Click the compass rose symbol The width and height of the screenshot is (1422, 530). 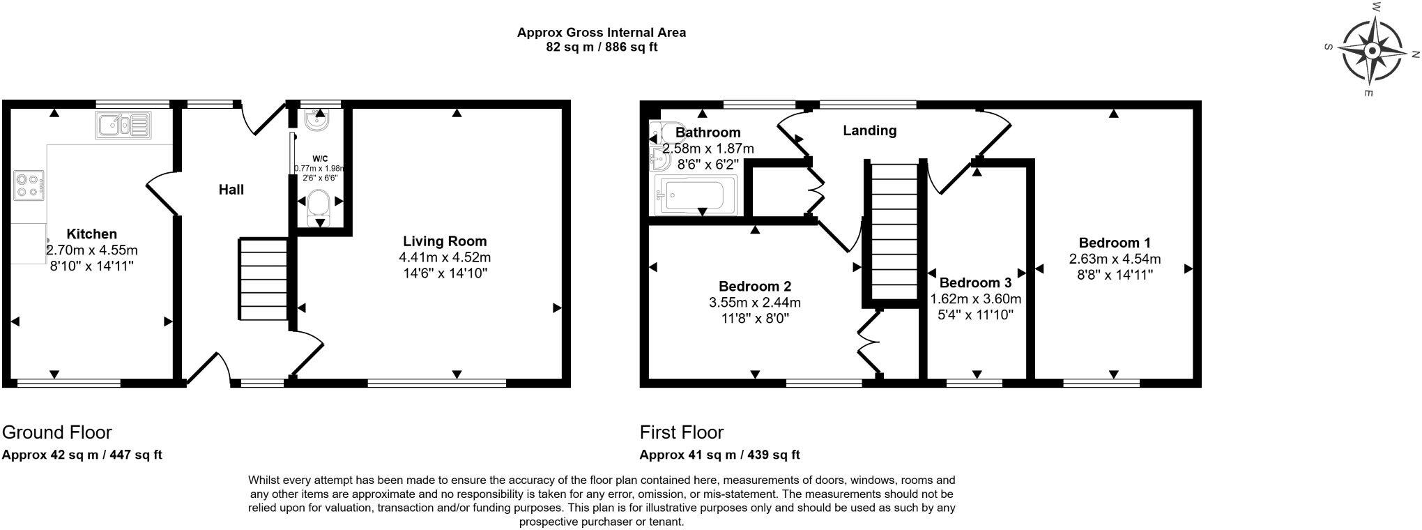tap(1372, 52)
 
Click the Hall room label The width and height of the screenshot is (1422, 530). tap(231, 190)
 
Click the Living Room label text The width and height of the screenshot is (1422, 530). tap(445, 241)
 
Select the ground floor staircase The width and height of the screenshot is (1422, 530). tap(264, 279)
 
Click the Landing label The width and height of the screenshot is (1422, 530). tap(869, 130)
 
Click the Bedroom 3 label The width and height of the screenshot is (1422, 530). tap(975, 282)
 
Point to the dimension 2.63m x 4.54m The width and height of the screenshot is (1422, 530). tap(1115, 259)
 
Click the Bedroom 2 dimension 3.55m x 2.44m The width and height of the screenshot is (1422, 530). tap(755, 303)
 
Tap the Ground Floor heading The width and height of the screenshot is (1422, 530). tap(57, 432)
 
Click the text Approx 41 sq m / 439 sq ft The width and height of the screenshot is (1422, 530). tap(719, 455)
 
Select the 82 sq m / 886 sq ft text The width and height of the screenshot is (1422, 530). tap(601, 47)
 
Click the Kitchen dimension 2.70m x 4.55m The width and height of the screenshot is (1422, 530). tap(91, 250)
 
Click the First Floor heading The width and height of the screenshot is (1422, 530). tap(682, 432)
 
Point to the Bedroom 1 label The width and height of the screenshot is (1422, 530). tap(1115, 243)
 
